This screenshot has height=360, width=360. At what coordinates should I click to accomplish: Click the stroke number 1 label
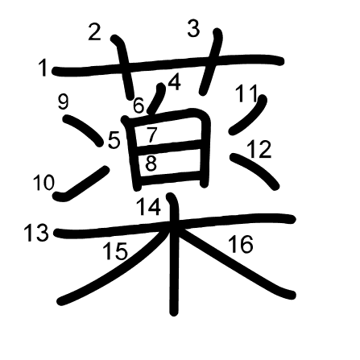tap(43, 68)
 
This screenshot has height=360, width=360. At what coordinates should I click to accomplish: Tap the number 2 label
tap(94, 32)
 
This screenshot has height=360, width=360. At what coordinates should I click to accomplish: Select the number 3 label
tap(193, 29)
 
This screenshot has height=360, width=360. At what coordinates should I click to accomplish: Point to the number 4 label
tap(175, 82)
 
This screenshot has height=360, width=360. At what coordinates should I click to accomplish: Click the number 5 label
tap(114, 141)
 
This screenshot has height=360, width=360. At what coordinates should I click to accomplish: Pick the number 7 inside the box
tap(151, 134)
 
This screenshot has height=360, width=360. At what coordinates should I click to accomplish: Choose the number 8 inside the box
tap(151, 163)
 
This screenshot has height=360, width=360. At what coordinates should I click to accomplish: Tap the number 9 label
tap(64, 102)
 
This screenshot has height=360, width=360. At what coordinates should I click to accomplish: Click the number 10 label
tap(43, 183)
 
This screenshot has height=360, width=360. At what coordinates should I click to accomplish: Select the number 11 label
tap(246, 93)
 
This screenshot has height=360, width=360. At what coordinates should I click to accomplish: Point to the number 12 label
tap(259, 149)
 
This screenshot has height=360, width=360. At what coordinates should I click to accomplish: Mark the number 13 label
tap(37, 233)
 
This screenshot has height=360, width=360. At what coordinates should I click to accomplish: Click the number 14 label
tap(149, 207)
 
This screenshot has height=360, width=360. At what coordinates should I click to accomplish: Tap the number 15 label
tap(116, 251)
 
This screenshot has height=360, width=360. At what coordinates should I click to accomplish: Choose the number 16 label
tap(241, 244)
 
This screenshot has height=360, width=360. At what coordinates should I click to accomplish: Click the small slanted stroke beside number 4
tap(156, 98)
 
